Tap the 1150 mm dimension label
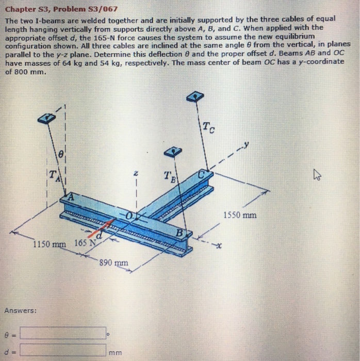pyautogui.click(x=50, y=244)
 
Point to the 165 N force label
pyautogui.click(x=84, y=242)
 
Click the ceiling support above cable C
pyautogui.click(x=195, y=96)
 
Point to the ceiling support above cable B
pyautogui.click(x=174, y=151)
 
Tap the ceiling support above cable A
pyautogui.click(x=46, y=118)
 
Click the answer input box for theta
pyautogui.click(x=63, y=333)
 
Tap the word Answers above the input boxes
pyautogui.click(x=21, y=310)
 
